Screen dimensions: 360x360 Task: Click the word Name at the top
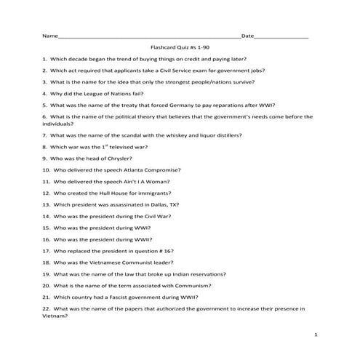tap(49, 36)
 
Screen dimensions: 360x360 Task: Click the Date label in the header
tap(247, 36)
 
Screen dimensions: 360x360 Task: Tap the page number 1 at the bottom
tap(316, 334)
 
